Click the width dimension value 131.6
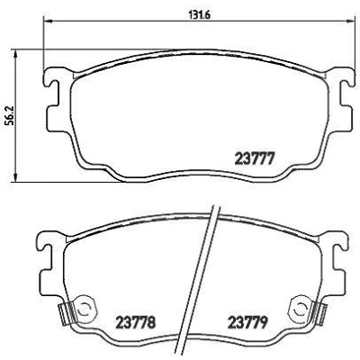199,14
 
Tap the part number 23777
255,158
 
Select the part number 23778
136,322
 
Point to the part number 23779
247,322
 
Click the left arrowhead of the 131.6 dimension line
48,21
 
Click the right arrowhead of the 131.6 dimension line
350,21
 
